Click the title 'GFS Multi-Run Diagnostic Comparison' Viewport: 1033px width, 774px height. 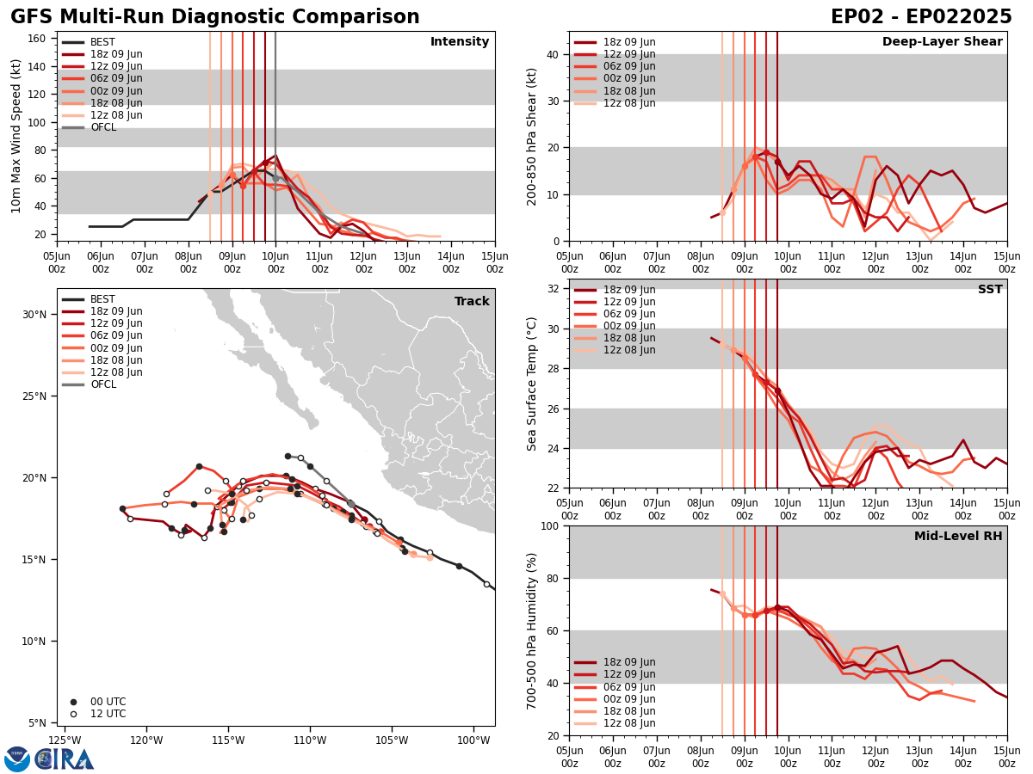coord(215,17)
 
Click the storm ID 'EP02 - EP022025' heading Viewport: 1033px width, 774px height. coord(921,17)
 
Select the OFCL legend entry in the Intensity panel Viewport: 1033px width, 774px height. coord(102,127)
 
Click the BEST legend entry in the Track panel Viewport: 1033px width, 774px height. coord(102,299)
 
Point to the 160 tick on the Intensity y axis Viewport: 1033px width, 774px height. coord(38,39)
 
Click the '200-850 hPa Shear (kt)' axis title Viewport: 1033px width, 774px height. coord(532,136)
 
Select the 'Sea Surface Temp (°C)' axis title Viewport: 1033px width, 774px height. coord(532,384)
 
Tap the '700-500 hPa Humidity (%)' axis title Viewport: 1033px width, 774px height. coord(532,630)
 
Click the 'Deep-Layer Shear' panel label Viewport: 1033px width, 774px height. coord(942,42)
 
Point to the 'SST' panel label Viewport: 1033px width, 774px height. coord(989,290)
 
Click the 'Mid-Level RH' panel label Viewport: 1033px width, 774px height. coord(957,537)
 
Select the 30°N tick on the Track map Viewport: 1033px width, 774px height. coord(35,314)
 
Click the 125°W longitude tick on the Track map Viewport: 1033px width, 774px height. coord(65,740)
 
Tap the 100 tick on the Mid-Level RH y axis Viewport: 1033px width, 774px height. coord(551,525)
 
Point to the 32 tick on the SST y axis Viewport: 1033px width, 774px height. coord(554,288)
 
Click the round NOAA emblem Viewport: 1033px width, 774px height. coord(16,759)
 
